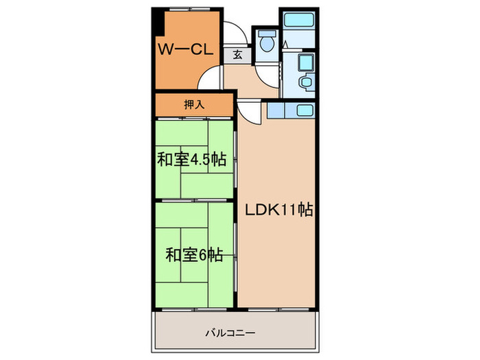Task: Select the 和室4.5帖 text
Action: tap(191, 160)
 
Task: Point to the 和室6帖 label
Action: tap(194, 255)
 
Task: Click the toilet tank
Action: tap(267, 34)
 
